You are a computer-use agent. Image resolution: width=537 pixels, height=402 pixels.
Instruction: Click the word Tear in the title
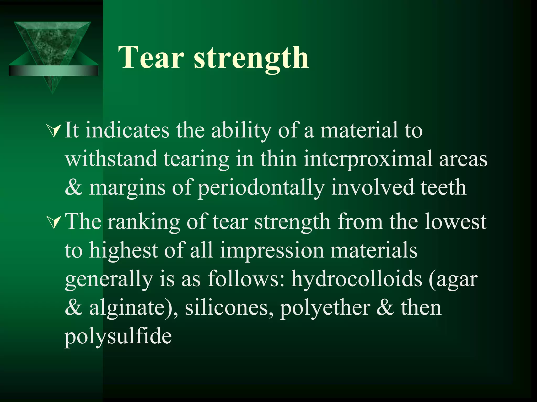point(151,57)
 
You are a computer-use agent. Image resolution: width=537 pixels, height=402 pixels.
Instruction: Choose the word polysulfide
point(118,336)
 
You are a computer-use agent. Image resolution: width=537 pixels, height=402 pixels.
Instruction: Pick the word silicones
point(229,307)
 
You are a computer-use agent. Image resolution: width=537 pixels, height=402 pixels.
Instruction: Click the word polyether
point(325,308)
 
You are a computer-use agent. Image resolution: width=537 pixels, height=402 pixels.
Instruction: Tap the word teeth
point(443,187)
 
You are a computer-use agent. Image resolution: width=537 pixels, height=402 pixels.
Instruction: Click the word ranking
point(144,222)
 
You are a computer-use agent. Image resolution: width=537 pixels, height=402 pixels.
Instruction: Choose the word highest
point(123,250)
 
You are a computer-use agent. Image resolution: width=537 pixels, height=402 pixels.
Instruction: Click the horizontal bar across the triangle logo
point(53,70)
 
